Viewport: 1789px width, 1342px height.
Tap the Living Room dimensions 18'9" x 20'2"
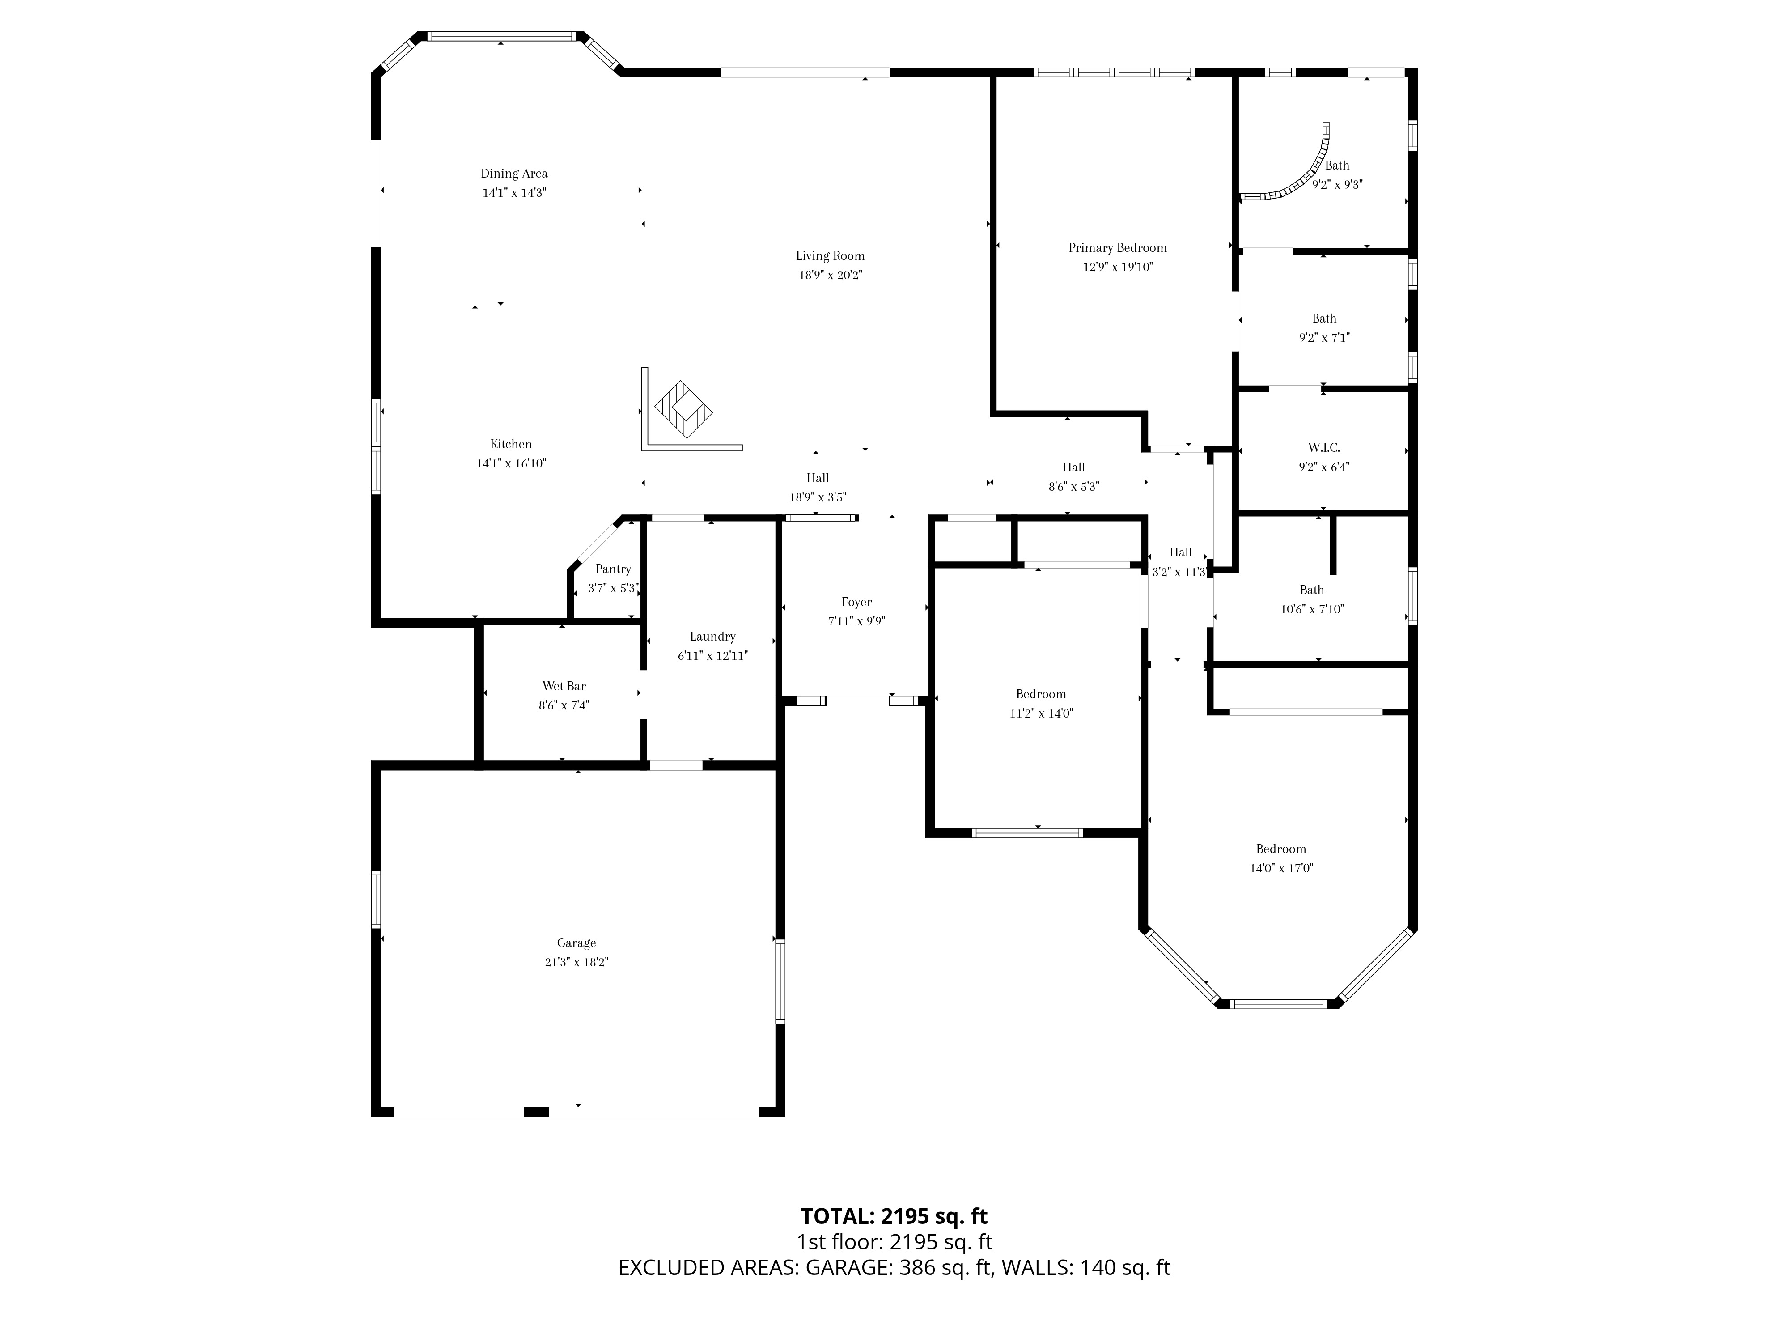(x=831, y=275)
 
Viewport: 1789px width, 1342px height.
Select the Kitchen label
(x=511, y=444)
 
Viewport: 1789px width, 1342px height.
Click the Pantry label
(x=613, y=569)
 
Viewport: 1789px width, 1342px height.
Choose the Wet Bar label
(x=564, y=686)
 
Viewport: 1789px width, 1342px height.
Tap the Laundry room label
(x=712, y=637)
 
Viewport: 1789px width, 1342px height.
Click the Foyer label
(x=856, y=602)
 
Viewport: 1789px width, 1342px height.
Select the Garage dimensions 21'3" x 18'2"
(x=576, y=962)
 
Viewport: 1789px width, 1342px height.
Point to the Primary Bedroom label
(x=1118, y=247)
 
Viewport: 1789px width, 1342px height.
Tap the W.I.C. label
(x=1324, y=447)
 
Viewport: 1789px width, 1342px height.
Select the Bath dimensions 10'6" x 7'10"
(x=1312, y=609)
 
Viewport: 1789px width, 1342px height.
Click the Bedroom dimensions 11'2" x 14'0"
(x=1041, y=713)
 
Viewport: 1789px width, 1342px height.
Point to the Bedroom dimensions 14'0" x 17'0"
(x=1281, y=868)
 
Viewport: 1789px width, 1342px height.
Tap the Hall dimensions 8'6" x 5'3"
(x=1074, y=486)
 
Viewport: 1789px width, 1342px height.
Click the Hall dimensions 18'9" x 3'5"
(x=818, y=497)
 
